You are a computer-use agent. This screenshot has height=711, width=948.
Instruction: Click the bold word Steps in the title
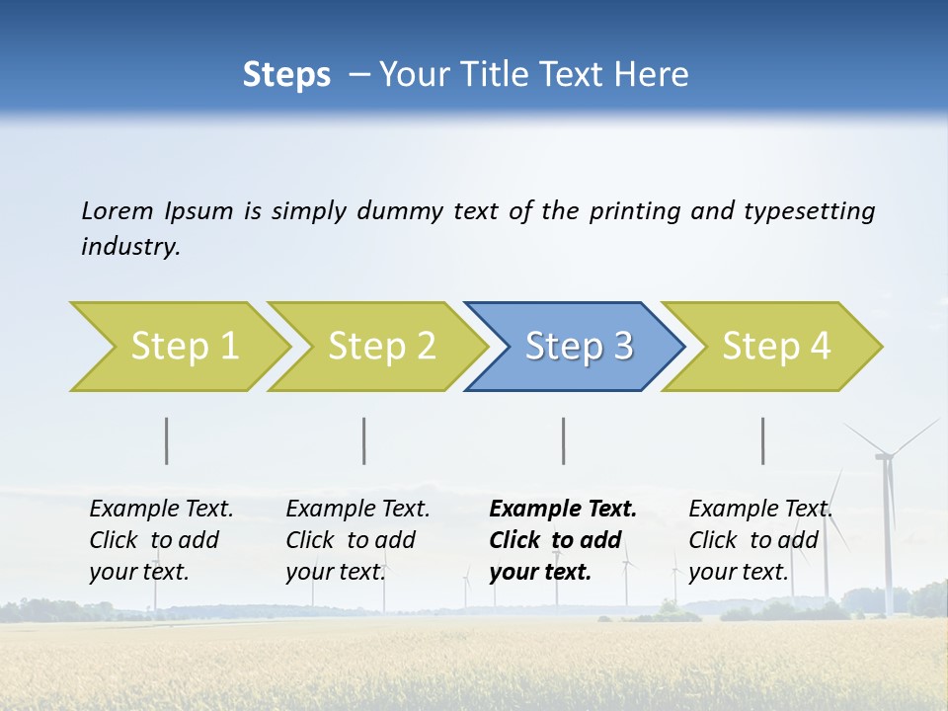(286, 74)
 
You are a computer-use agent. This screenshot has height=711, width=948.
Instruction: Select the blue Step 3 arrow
(578, 347)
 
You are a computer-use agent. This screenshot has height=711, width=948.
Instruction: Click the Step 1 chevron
(184, 347)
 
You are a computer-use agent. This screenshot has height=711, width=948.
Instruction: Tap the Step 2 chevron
(381, 347)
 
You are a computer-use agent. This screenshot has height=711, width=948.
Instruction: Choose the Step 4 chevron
(776, 347)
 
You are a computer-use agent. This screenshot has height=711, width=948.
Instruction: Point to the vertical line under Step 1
(167, 440)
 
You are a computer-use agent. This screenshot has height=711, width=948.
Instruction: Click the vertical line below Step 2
(364, 440)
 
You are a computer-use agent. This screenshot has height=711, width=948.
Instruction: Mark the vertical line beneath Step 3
(564, 440)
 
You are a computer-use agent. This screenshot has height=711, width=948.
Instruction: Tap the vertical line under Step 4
(763, 440)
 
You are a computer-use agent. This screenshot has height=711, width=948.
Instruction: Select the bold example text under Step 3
(562, 540)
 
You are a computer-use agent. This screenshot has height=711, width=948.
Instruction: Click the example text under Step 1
(161, 540)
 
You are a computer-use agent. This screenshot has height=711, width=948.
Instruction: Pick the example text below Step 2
(357, 540)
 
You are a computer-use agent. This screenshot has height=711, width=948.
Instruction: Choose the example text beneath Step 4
(759, 540)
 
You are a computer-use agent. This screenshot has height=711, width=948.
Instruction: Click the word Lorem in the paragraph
(118, 210)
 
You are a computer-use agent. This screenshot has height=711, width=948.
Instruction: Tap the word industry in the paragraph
(129, 247)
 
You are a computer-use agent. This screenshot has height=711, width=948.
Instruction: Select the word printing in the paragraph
(635, 211)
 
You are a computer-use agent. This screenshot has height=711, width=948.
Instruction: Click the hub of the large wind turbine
(884, 456)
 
